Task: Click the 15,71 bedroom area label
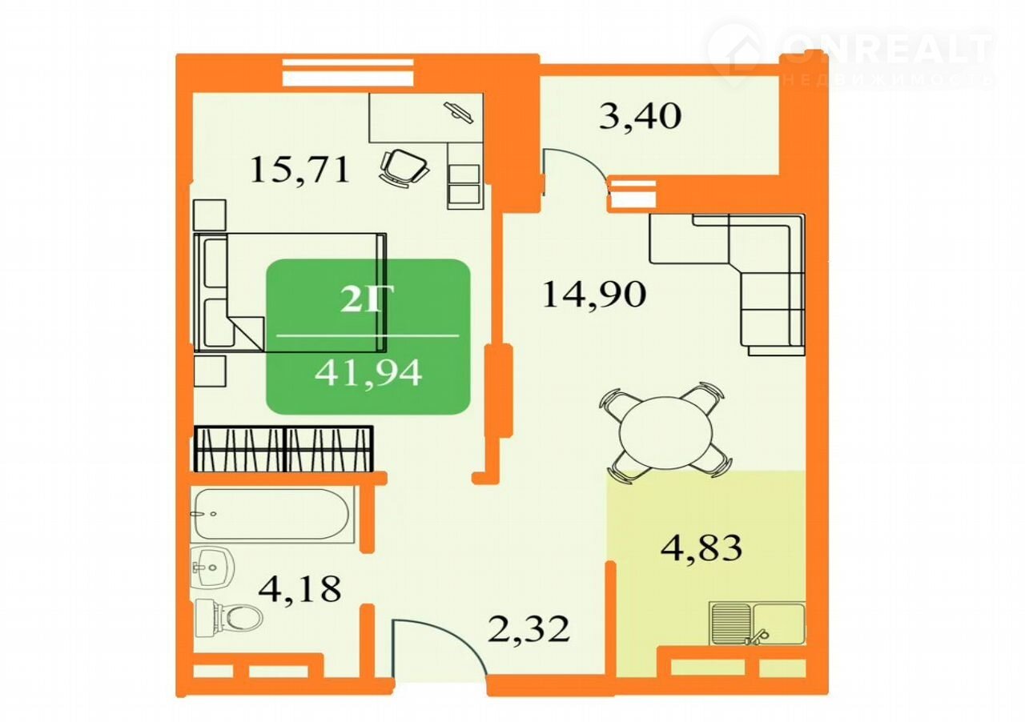pos(300,170)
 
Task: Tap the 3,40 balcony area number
pos(640,116)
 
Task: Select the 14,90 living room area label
pos(594,295)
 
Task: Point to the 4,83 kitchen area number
pos(701,548)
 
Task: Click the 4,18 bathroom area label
pos(299,588)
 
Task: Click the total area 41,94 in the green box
pos(368,373)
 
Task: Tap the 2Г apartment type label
pos(361,299)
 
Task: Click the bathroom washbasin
pos(212,568)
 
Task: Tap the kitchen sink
pos(757,624)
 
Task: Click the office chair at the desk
pos(404,168)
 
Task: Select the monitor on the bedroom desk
pos(458,112)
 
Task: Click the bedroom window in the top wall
pos(348,72)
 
